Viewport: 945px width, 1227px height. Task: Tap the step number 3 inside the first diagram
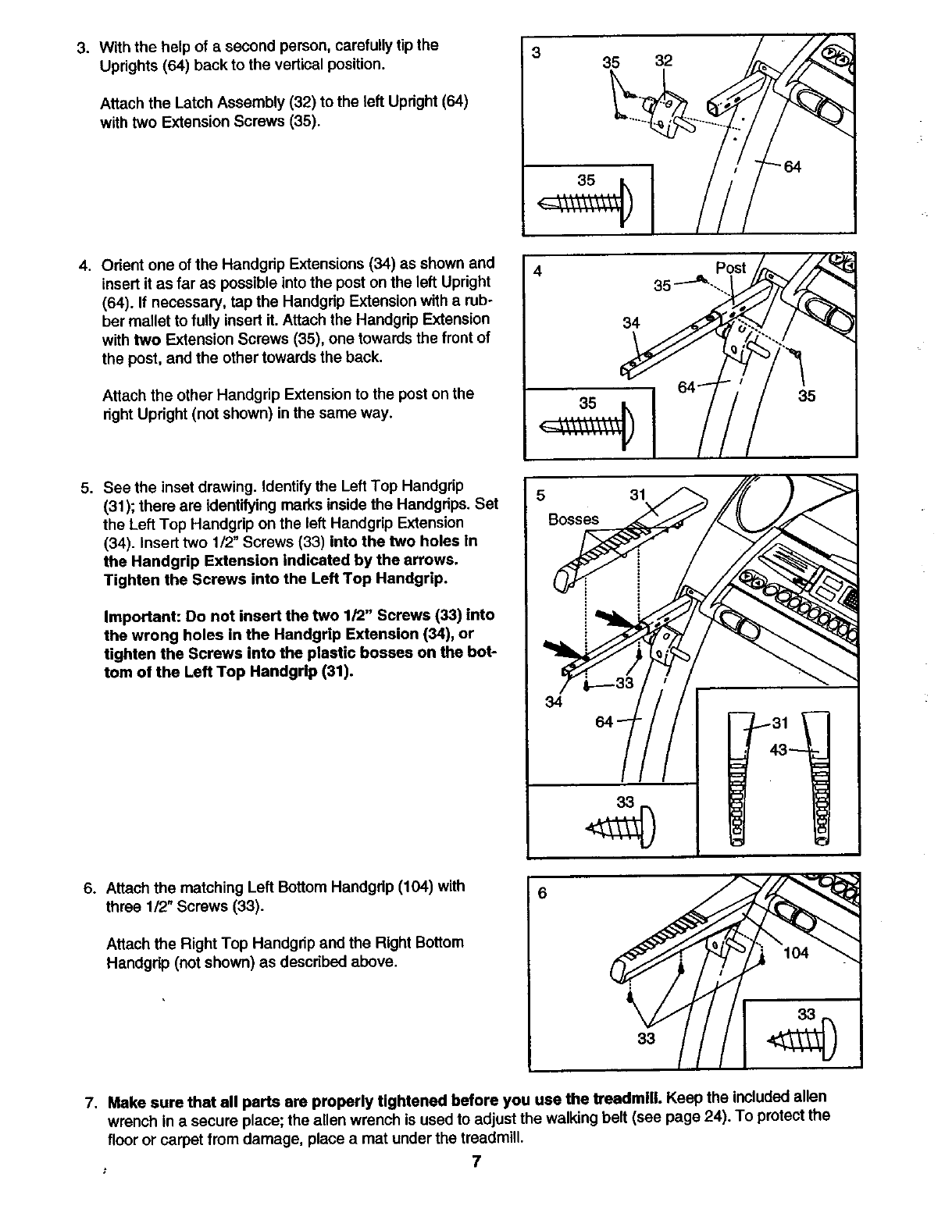click(x=536, y=53)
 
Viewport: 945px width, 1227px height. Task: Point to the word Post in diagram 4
click(x=731, y=268)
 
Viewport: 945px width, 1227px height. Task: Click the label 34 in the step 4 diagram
click(x=631, y=322)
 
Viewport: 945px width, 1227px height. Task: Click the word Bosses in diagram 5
click(x=574, y=519)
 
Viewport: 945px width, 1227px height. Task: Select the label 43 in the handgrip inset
click(x=779, y=750)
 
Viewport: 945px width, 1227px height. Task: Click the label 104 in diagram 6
click(x=796, y=953)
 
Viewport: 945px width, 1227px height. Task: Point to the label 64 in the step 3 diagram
click(x=793, y=166)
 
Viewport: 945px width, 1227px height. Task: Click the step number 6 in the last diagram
click(x=540, y=894)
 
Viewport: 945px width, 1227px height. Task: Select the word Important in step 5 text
click(x=138, y=616)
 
